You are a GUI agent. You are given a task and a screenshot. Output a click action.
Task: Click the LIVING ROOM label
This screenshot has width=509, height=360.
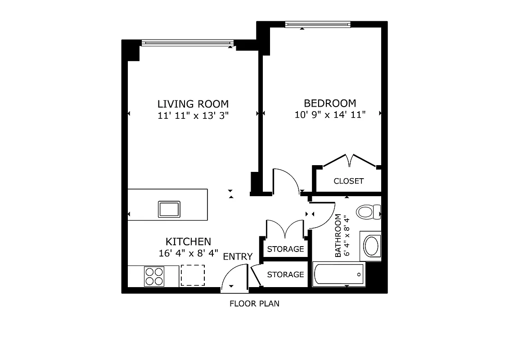193,103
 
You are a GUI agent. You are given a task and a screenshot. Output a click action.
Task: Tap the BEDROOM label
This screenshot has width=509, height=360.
330,103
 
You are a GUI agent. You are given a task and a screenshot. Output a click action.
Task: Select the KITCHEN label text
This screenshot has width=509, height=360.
188,241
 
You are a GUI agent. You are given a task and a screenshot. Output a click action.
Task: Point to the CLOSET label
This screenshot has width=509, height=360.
348,181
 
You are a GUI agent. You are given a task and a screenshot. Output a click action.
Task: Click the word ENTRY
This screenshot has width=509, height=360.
238,256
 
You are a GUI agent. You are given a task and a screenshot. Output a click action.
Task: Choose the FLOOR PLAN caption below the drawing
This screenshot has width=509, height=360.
254,303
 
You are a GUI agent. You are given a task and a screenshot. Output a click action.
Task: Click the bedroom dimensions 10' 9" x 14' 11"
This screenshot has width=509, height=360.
330,115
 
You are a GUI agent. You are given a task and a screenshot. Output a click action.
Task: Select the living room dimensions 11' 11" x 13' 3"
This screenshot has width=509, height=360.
193,115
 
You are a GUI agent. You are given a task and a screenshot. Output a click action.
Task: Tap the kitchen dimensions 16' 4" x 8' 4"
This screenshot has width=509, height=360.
188,253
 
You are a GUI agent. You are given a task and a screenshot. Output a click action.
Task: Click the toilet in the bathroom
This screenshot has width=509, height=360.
368,211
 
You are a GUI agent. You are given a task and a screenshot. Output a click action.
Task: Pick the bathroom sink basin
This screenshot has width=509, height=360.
371,246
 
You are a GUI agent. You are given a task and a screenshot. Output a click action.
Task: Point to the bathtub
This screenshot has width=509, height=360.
338,274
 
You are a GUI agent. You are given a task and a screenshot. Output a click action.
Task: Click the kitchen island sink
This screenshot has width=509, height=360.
169,209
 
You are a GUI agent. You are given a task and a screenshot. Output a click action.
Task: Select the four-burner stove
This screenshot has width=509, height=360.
154,276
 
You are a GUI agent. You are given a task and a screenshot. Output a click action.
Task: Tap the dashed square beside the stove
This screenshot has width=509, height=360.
193,275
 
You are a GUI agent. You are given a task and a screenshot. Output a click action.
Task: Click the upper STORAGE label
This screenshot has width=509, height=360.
285,249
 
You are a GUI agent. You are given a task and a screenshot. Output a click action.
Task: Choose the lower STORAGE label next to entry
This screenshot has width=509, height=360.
285,274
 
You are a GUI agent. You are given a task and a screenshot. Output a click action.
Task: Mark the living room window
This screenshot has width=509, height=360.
187,43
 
